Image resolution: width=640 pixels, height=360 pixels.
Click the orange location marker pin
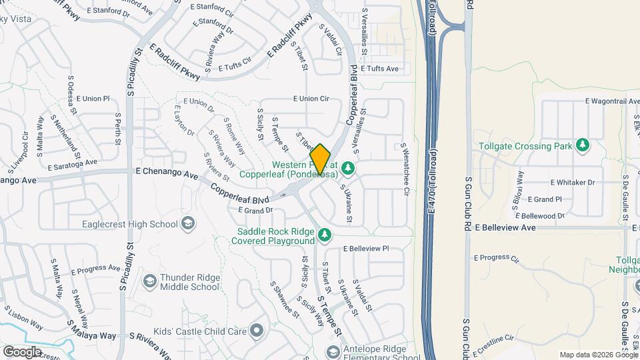tap(321, 159)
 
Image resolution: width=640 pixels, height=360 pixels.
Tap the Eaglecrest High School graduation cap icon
tap(188, 224)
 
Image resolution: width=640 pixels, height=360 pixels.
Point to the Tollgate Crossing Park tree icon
tap(583, 145)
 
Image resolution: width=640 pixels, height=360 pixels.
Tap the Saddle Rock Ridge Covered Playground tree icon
tap(325, 235)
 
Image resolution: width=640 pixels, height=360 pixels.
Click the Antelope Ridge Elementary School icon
tap(331, 352)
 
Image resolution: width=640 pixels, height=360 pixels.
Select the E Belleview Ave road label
tap(505, 227)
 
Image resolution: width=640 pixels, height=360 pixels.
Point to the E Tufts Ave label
tap(379, 69)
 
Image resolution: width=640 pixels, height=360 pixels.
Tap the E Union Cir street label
tap(312, 99)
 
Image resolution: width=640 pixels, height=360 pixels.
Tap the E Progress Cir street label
tap(497, 257)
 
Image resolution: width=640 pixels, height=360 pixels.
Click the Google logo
tap(22, 351)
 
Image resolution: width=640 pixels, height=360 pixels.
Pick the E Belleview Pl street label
tap(366, 248)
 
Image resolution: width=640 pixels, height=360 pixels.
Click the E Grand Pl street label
tap(545, 199)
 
